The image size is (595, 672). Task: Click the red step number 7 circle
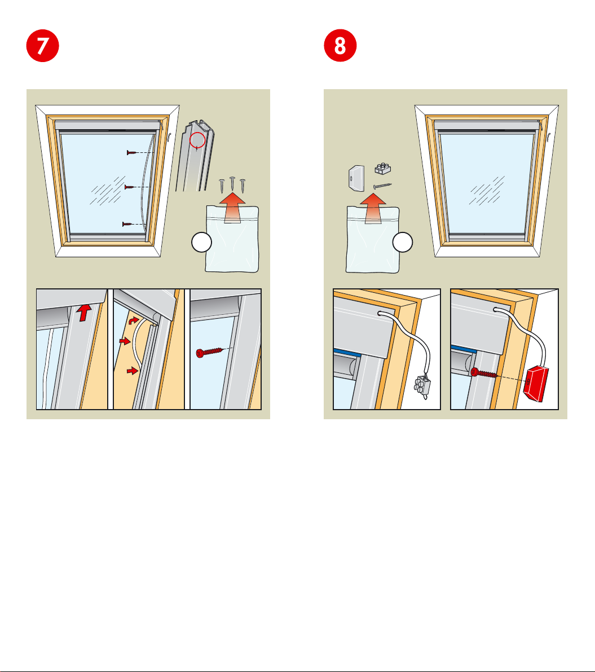[42, 46]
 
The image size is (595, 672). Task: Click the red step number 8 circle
[340, 46]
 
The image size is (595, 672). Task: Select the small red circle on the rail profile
[197, 140]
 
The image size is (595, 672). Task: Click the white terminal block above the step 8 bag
[382, 168]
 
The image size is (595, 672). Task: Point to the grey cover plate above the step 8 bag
[356, 178]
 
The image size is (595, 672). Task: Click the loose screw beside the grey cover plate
[382, 186]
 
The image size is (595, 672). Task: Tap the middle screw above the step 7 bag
[232, 184]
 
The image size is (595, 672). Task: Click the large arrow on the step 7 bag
[232, 208]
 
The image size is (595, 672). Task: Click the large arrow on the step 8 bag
[373, 208]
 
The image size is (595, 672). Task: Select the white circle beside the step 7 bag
[201, 242]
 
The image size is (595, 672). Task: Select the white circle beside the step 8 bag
[403, 242]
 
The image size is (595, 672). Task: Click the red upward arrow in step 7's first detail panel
[85, 313]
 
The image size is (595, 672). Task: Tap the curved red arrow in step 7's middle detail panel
[134, 320]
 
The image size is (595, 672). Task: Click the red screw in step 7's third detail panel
[209, 352]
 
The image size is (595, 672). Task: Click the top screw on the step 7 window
[132, 152]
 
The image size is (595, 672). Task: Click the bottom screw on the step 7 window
[127, 224]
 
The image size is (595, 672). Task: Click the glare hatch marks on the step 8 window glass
[487, 191]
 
